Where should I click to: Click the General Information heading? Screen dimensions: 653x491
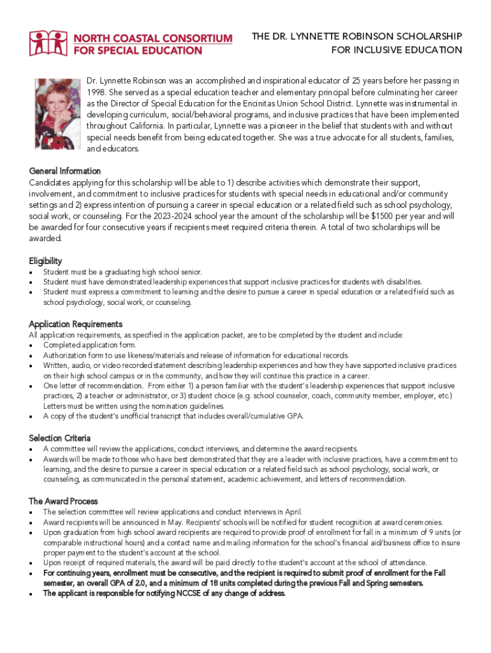65,171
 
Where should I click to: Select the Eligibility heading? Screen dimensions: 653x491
45,261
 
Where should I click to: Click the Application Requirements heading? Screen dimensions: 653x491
76,324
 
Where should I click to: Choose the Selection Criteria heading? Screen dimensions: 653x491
60,438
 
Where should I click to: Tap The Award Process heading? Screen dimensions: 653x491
63,501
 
